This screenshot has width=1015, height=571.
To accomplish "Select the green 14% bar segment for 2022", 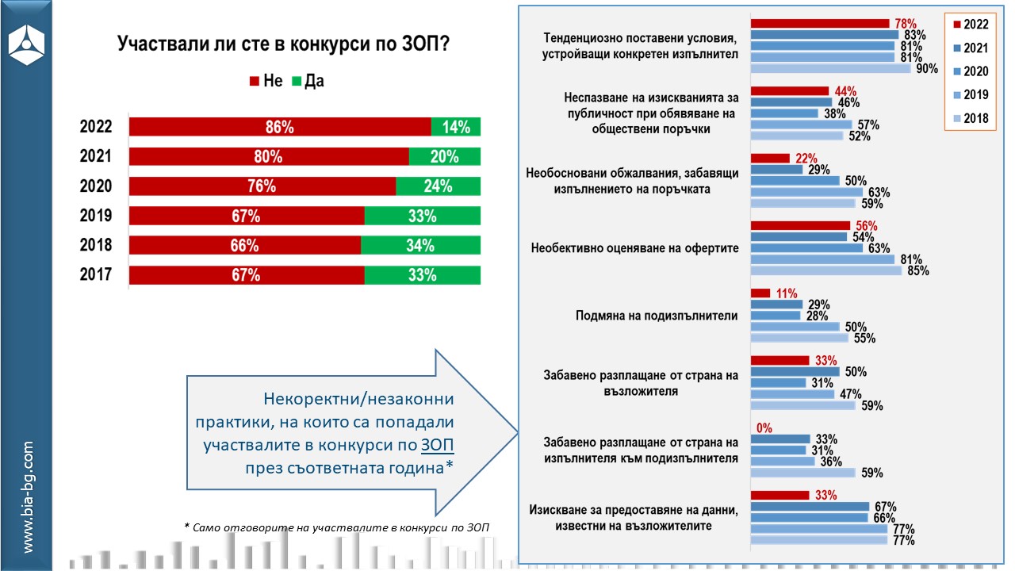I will point(456,127).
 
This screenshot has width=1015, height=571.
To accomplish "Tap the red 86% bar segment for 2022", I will point(280,127).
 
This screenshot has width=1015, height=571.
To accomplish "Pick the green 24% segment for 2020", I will point(438,186).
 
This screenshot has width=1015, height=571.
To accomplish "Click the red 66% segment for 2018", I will point(245,246).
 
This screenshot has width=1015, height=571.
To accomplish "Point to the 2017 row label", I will point(95,275).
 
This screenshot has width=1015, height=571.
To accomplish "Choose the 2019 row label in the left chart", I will point(95,216).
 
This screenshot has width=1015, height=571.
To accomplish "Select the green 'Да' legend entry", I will point(308,81).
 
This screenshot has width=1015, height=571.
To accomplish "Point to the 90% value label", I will point(926,69).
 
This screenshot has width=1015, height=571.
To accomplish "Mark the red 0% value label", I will point(764,428).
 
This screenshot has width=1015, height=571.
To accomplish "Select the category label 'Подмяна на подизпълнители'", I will point(657,316).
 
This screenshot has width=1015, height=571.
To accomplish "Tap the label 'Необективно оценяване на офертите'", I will point(634,248).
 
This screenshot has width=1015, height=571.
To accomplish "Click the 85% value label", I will point(917,271).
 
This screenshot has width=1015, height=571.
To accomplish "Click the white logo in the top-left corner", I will point(26,44).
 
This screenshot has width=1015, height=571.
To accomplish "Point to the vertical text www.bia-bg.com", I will point(27,496).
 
